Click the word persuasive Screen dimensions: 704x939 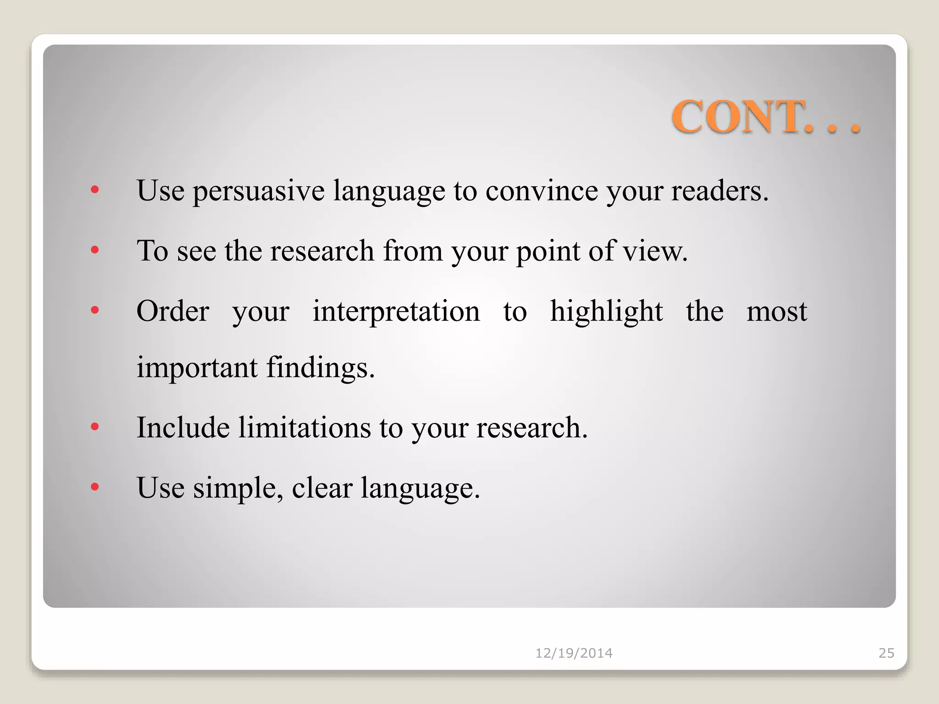pyautogui.click(x=258, y=191)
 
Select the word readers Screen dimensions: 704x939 pyautogui.click(x=719, y=191)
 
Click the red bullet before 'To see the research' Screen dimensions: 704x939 pyautogui.click(x=95, y=250)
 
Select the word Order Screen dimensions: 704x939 pyautogui.click(x=173, y=312)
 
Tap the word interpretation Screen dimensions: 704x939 pyautogui.click(x=396, y=312)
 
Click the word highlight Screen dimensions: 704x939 pyautogui.click(x=606, y=312)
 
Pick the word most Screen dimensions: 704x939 pyautogui.click(x=776, y=312)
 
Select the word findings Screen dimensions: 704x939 pyautogui.click(x=320, y=368)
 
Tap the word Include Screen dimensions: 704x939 pyautogui.click(x=183, y=428)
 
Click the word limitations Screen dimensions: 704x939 pyautogui.click(x=304, y=428)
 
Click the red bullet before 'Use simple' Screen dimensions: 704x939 pyautogui.click(x=95, y=487)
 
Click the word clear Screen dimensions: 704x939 pyautogui.click(x=322, y=487)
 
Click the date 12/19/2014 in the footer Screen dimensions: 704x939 pyautogui.click(x=574, y=653)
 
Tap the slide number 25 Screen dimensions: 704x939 pyautogui.click(x=886, y=653)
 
